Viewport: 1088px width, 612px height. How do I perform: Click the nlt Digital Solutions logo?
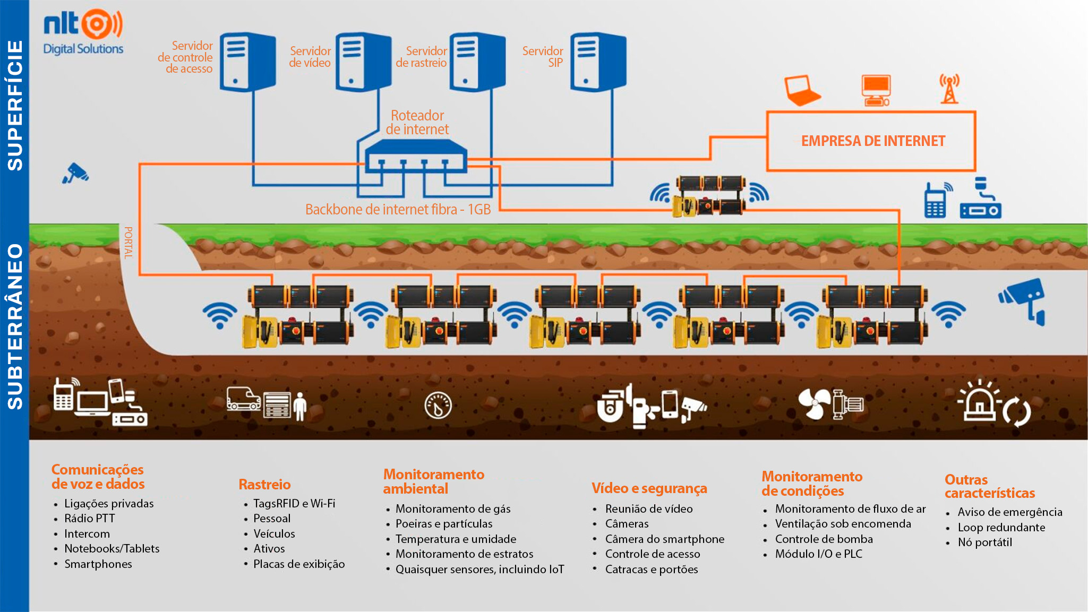point(83,32)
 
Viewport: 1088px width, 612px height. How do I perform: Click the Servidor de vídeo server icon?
point(363,62)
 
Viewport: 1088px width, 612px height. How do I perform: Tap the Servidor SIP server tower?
point(598,62)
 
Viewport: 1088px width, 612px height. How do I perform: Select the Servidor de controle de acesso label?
point(185,57)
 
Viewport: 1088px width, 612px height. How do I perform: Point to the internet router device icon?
point(416,156)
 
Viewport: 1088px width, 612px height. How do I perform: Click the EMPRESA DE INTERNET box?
point(871,141)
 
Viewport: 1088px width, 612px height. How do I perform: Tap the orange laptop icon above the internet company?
point(801,90)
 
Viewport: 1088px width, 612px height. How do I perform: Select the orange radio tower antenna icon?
point(949,89)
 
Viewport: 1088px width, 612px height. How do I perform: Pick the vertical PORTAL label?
point(128,243)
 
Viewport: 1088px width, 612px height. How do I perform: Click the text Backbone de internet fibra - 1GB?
point(398,210)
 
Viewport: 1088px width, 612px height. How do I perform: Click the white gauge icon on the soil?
point(438,406)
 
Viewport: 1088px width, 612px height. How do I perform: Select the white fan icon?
point(814,404)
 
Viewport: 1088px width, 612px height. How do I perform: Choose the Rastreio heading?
point(264,484)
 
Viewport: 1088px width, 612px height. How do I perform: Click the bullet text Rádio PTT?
point(89,519)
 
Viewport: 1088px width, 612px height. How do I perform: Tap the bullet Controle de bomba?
point(824,539)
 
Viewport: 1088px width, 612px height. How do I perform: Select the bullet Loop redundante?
point(1001,528)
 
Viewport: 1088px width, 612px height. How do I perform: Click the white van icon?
point(243,398)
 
